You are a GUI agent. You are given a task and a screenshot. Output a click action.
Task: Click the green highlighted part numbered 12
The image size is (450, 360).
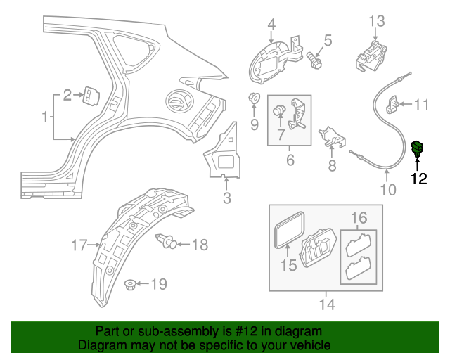(418, 149)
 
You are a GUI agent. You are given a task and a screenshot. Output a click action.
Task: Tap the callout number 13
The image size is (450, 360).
(377, 20)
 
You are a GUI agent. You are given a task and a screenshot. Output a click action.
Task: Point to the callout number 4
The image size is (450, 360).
(271, 27)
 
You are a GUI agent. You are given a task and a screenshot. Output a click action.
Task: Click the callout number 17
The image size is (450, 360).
(79, 245)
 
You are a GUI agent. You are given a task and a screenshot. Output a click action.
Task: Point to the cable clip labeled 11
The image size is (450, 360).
(396, 105)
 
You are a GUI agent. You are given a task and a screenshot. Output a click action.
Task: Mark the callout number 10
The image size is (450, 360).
(388, 189)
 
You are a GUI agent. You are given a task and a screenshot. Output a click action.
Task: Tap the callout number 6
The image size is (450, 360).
(290, 161)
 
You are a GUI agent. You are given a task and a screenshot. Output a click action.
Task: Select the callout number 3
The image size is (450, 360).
(226, 198)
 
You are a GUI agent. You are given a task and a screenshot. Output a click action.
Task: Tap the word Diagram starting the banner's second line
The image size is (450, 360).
(101, 345)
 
